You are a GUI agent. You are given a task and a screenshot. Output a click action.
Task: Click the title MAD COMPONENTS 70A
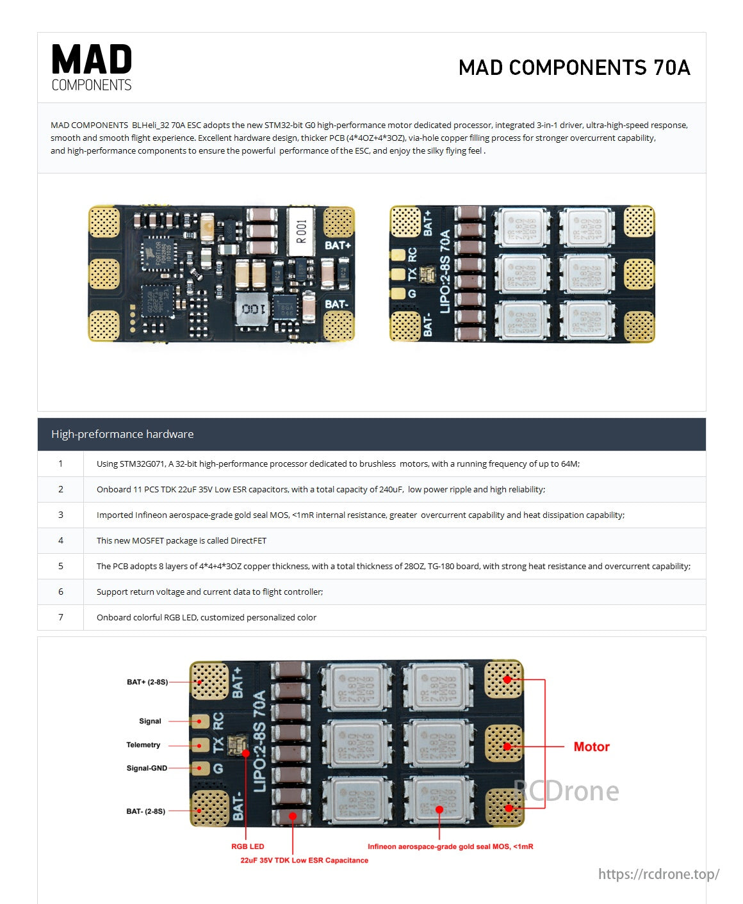[x=574, y=68]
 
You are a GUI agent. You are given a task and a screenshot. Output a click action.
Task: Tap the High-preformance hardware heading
[x=122, y=434]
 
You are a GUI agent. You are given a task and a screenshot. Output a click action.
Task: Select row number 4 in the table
[x=61, y=540]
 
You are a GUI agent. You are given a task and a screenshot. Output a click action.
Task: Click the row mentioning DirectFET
[x=181, y=540]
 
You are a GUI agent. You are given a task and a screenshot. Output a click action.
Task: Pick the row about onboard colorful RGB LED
[x=206, y=617]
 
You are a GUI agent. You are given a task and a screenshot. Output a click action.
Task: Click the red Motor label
[x=591, y=747]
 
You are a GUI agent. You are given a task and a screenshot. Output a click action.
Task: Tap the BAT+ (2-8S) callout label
[x=147, y=682]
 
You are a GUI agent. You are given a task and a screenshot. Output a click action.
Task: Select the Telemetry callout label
[x=143, y=745]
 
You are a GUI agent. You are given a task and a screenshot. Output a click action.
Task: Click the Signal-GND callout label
[x=147, y=768]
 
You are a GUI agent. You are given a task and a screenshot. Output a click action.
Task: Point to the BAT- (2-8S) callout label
[x=145, y=811]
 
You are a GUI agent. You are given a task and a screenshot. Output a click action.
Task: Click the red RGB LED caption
[x=247, y=846]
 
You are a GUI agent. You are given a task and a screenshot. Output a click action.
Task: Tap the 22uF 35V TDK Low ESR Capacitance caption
[x=304, y=860]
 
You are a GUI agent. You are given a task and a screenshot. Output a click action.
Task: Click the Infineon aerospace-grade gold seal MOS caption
[x=450, y=846]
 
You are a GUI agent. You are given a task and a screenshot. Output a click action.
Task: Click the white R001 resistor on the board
[x=301, y=232]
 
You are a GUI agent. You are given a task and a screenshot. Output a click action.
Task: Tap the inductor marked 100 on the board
[x=253, y=310]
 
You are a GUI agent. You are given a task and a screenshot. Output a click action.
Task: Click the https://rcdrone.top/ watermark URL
[x=658, y=874]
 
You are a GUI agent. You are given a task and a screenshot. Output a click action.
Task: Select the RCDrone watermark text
[x=566, y=791]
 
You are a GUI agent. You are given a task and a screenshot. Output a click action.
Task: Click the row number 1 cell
[x=61, y=464]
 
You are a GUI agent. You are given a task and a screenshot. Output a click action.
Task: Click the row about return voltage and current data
[x=209, y=592]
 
